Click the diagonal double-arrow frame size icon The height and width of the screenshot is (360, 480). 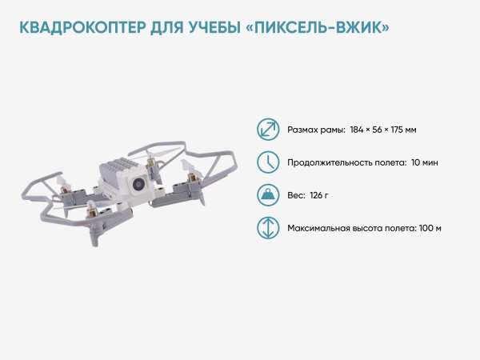tap(267, 130)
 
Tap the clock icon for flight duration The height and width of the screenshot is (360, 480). tap(267, 162)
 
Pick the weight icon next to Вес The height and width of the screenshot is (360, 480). tap(267, 195)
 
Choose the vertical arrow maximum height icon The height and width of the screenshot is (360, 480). tap(267, 228)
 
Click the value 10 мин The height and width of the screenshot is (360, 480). tap(424, 162)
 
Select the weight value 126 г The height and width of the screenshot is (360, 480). tap(319, 195)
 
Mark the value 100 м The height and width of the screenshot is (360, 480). tap(430, 228)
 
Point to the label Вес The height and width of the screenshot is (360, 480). tap(294, 195)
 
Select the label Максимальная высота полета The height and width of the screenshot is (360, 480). tap(350, 228)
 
